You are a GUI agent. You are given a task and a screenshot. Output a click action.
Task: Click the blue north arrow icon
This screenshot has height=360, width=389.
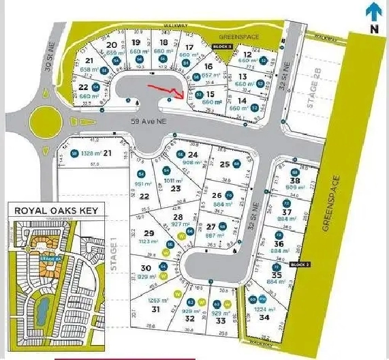click(371, 10)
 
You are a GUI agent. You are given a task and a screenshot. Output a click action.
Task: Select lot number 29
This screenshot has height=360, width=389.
click(150, 234)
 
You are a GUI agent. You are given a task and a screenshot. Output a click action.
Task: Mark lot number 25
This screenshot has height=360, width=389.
click(224, 164)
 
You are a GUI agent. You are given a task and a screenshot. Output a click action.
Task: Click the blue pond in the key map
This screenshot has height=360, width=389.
click(43, 311)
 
